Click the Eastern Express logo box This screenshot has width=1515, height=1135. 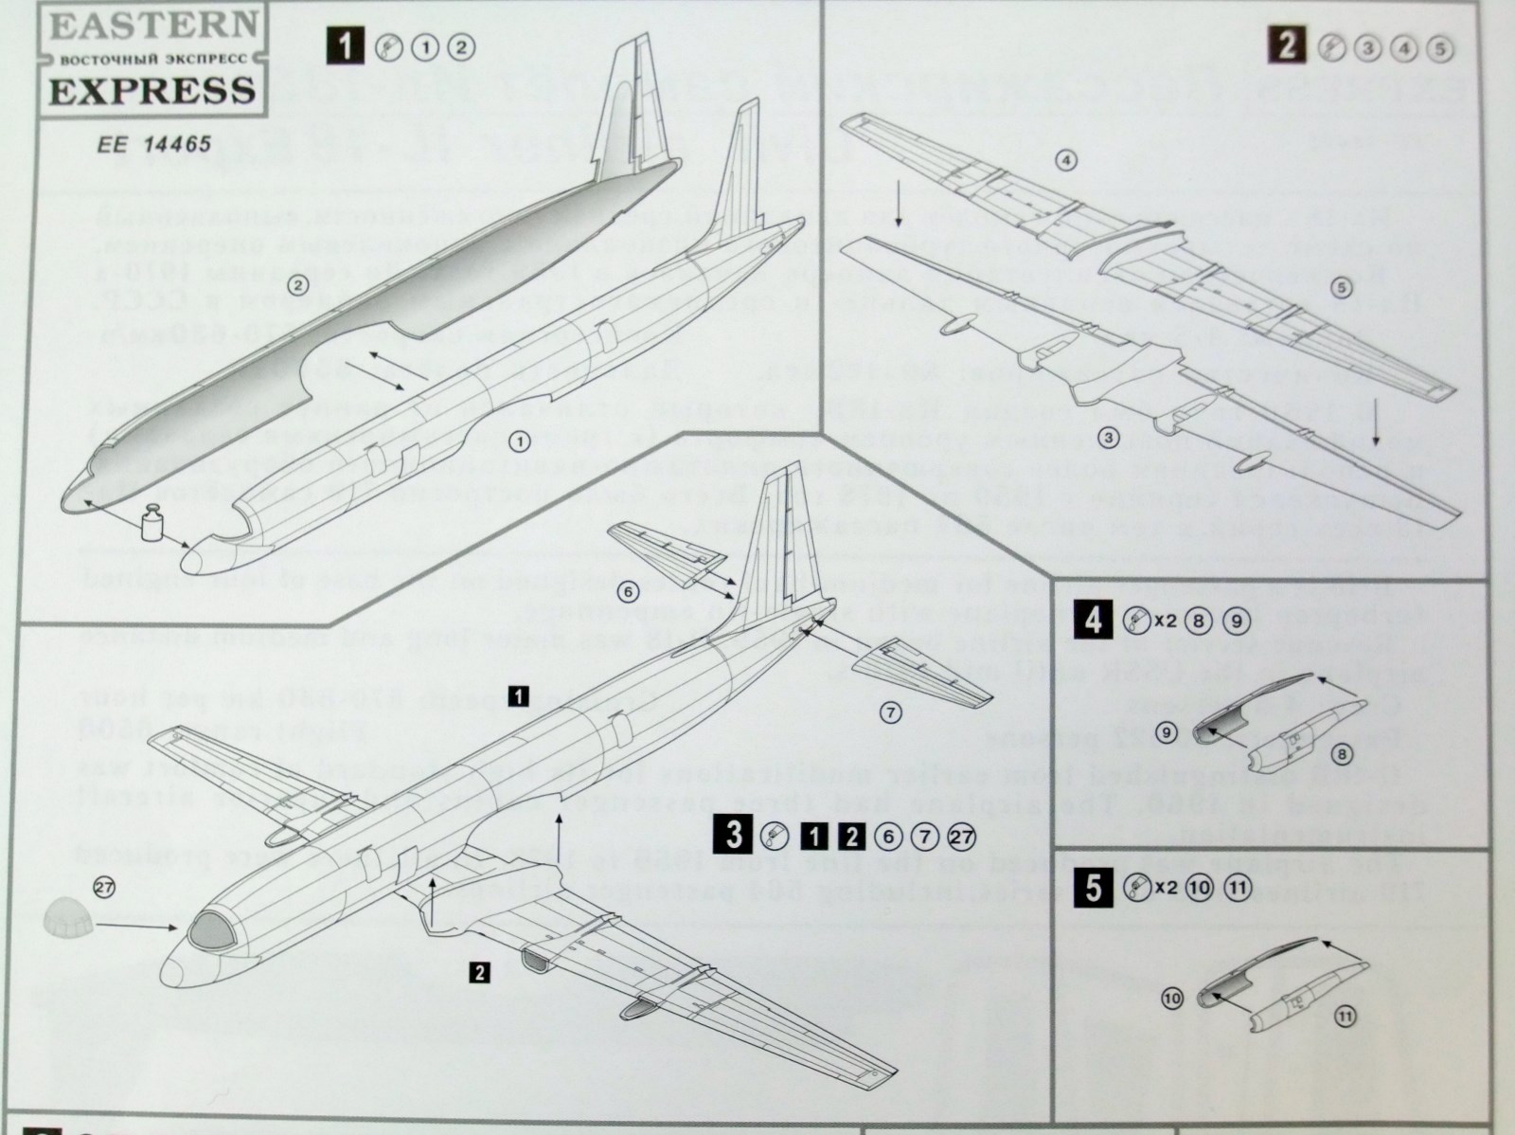pyautogui.click(x=151, y=59)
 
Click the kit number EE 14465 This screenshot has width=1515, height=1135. pyautogui.click(x=151, y=146)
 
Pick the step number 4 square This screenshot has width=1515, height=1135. pyautogui.click(x=1094, y=622)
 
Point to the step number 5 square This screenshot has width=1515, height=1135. pyautogui.click(x=1094, y=889)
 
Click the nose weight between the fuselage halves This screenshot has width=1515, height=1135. pyautogui.click(x=149, y=526)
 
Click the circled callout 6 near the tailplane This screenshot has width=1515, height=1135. pyautogui.click(x=628, y=589)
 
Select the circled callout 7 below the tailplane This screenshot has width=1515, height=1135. pyautogui.click(x=890, y=712)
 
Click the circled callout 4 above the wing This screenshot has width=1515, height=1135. pyautogui.click(x=1066, y=161)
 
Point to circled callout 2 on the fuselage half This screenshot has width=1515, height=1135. pyautogui.click(x=296, y=283)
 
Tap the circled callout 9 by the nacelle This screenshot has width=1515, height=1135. pyautogui.click(x=1166, y=732)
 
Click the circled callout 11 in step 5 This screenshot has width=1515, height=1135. pyautogui.click(x=1344, y=1017)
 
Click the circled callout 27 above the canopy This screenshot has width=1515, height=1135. pyautogui.click(x=104, y=887)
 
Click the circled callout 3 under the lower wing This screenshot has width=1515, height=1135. pyautogui.click(x=1110, y=438)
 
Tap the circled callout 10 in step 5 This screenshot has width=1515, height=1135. pyautogui.click(x=1172, y=999)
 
